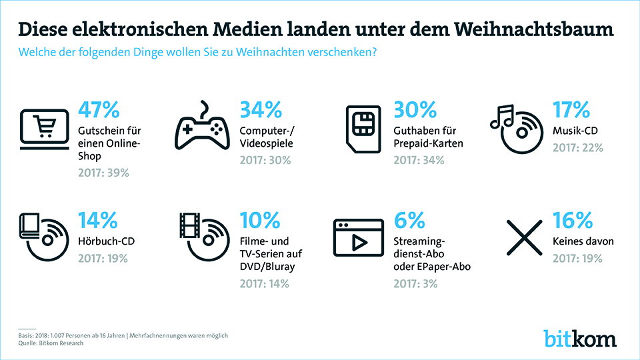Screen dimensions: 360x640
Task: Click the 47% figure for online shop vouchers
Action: click(x=99, y=109)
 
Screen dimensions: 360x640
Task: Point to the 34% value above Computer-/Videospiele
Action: click(x=261, y=109)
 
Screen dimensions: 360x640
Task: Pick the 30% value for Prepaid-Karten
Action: click(x=415, y=109)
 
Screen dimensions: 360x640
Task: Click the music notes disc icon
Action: click(x=517, y=129)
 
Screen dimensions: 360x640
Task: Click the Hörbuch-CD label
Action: click(x=106, y=240)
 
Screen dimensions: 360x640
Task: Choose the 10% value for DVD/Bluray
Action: click(x=259, y=219)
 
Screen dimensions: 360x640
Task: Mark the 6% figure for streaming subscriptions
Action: click(x=409, y=219)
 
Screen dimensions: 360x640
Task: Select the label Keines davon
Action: click(x=583, y=240)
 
